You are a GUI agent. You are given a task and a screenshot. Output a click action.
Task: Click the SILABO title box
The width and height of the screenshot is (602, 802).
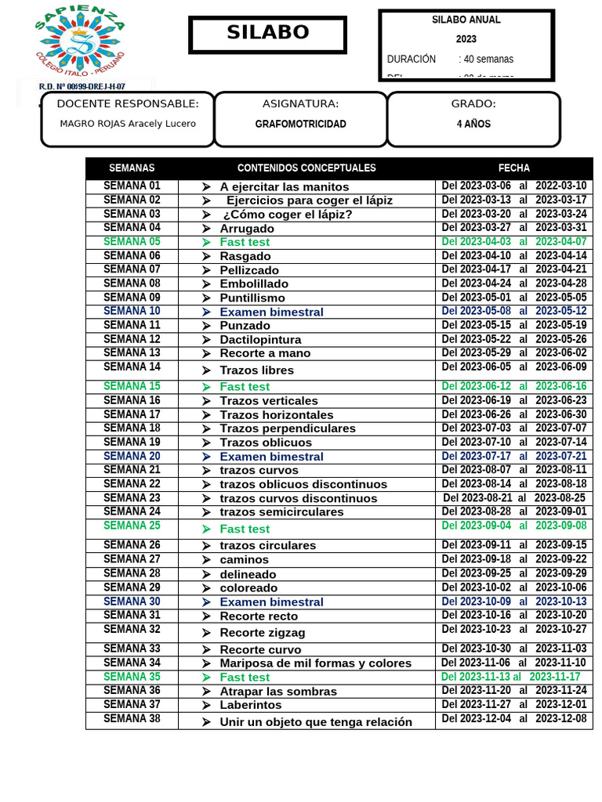coord(267,34)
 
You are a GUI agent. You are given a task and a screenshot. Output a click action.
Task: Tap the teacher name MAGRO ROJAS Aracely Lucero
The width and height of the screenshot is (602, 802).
coord(128,124)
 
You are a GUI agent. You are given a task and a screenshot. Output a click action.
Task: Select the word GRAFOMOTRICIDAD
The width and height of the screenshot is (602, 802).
coord(300,124)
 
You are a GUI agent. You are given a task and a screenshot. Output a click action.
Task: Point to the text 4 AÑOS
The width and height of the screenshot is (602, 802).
coord(473,124)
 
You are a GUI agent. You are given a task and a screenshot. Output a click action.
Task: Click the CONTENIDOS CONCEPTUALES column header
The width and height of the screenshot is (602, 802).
coord(306,168)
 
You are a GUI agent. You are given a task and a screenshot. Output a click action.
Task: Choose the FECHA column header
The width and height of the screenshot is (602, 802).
coord(513,168)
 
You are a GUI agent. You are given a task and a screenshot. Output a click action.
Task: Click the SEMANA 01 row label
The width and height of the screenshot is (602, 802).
coord(132,186)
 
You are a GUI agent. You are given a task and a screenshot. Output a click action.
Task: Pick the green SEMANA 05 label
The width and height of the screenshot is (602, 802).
coord(132,242)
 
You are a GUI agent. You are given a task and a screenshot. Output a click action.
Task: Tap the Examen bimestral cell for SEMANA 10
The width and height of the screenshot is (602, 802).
coord(271,312)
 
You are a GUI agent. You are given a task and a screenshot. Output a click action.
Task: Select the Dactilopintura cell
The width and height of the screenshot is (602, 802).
coord(260,339)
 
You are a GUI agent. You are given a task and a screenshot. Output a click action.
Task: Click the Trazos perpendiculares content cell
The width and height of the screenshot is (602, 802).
coord(287,428)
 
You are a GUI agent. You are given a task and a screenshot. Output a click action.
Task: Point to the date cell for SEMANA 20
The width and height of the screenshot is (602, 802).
coord(513,456)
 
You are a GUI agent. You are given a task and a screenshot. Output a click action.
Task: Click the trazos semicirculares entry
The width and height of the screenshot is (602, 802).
coord(281,511)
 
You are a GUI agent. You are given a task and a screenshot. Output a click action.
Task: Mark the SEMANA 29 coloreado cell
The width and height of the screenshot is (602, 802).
coord(248,587)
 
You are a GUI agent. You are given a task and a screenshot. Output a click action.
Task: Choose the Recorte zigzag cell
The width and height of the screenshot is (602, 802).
coord(262,632)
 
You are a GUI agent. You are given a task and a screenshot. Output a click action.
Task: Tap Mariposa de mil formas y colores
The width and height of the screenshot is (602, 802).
coord(315,663)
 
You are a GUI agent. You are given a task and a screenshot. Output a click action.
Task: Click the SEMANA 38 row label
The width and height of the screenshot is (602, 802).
coord(132,719)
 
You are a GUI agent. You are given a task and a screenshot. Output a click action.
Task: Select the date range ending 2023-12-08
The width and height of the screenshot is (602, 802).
coord(513,719)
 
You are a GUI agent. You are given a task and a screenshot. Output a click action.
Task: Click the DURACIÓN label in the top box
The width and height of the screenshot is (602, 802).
coord(412,59)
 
